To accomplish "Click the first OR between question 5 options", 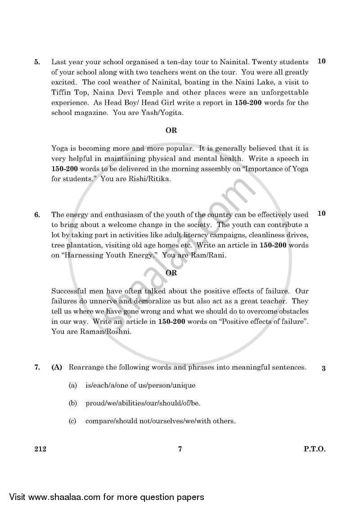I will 171,130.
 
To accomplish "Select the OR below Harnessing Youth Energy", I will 171,272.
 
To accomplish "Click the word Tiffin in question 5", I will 61,93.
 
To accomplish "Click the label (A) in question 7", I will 57,367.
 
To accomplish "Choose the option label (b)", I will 73,403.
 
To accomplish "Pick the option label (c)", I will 73,421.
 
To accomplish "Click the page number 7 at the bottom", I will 180,449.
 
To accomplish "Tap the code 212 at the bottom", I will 40,449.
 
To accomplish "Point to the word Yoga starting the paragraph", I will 60,148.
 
